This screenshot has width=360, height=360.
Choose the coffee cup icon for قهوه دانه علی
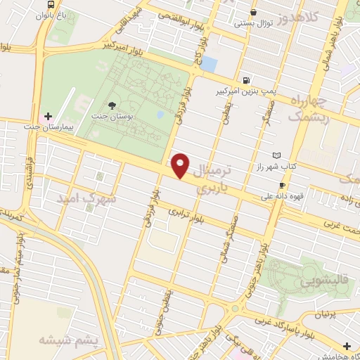(x=282, y=185)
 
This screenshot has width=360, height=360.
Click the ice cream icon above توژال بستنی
(x=252, y=12)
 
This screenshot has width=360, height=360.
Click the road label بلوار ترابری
(x=191, y=217)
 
